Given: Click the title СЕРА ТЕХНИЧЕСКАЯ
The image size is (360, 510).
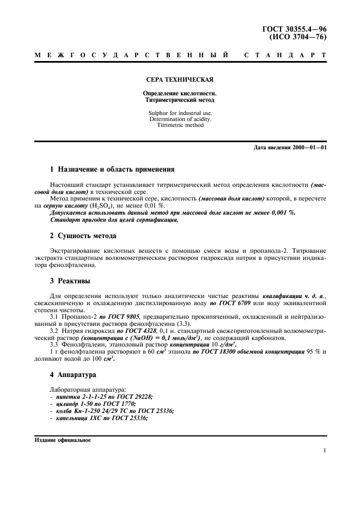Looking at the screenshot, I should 180,79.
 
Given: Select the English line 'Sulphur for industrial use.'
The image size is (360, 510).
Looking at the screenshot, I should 180,112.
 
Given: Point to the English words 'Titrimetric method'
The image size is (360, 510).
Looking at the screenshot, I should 180,125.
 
